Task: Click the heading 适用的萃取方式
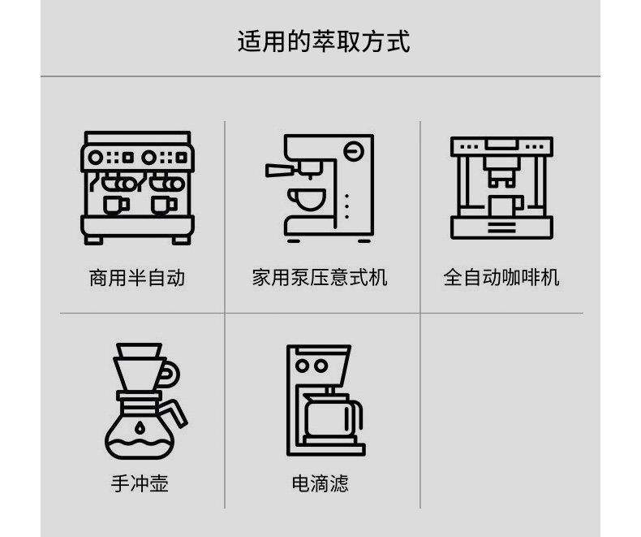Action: click(x=323, y=41)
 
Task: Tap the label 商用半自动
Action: click(x=136, y=278)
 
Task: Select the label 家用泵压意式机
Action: click(x=320, y=278)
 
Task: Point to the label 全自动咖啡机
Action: click(x=501, y=278)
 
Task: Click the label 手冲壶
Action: click(x=140, y=484)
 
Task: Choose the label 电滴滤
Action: click(x=320, y=484)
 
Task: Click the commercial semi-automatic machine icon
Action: click(x=136, y=188)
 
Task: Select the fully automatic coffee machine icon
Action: click(x=501, y=188)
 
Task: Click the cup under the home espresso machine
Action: click(x=309, y=198)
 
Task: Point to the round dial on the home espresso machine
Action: click(x=353, y=150)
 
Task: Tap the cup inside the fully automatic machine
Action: click(x=505, y=205)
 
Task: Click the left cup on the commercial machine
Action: click(x=113, y=203)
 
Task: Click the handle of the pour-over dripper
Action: click(x=170, y=372)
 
